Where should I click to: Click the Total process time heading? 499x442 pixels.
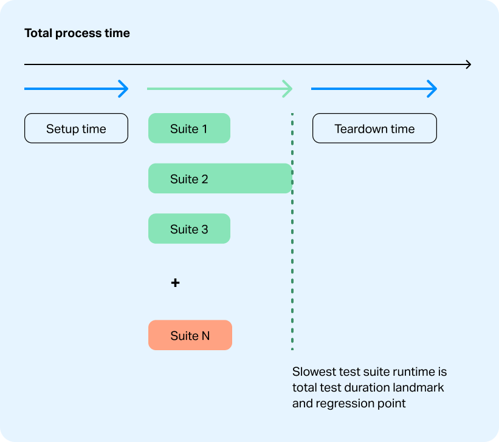tap(77, 33)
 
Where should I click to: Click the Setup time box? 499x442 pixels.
tap(76, 128)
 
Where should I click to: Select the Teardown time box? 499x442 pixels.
tap(374, 128)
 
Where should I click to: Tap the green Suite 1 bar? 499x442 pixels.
tap(189, 128)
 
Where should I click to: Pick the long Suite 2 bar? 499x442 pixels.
tap(220, 179)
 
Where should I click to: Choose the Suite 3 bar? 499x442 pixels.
tap(189, 229)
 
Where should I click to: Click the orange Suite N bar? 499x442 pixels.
tap(190, 336)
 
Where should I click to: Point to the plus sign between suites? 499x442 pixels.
tap(175, 283)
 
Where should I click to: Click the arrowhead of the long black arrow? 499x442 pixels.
tap(467, 64)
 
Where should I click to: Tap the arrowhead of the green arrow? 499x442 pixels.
tap(287, 89)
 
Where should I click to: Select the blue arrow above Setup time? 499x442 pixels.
tap(76, 89)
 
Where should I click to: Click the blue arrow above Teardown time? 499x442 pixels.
tap(374, 89)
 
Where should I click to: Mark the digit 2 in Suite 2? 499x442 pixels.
tap(205, 179)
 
